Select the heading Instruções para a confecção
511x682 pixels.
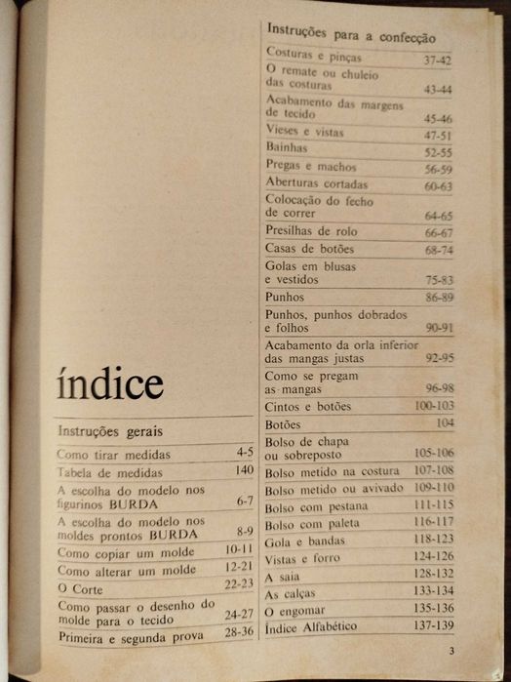350,34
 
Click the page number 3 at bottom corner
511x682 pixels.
451,652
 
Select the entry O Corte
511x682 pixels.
80,589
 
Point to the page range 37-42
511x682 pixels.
437,60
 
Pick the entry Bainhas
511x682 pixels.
287,147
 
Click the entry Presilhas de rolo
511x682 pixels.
311,231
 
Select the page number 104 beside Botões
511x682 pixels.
445,422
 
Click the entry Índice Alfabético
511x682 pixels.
318,625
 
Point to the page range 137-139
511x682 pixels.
432,623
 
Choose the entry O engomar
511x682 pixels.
298,609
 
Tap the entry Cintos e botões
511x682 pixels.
308,406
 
